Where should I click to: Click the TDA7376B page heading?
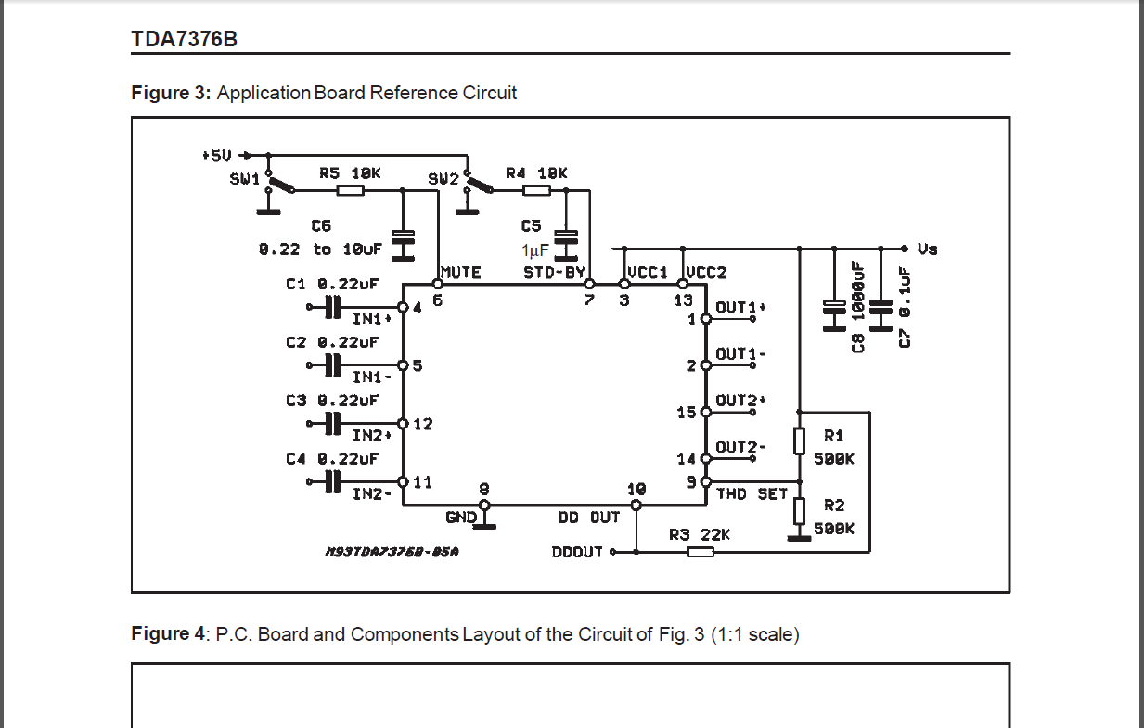pyautogui.click(x=185, y=39)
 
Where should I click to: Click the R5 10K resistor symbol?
pyautogui.click(x=351, y=190)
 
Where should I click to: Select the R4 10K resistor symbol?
pyautogui.click(x=537, y=190)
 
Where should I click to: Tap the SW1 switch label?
pyautogui.click(x=245, y=179)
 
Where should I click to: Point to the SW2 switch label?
pyautogui.click(x=443, y=179)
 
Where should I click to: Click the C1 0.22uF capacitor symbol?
pyautogui.click(x=332, y=307)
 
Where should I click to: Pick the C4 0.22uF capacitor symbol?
pyautogui.click(x=332, y=482)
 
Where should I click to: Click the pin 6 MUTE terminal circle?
pyautogui.click(x=438, y=284)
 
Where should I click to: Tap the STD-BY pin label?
pyautogui.click(x=554, y=273)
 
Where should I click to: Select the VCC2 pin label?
pyautogui.click(x=706, y=273)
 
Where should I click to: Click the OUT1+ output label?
pyautogui.click(x=741, y=307)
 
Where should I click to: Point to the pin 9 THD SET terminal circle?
pyautogui.click(x=706, y=481)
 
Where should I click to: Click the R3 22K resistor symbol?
pyautogui.click(x=701, y=552)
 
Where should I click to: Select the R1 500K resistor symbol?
pyautogui.click(x=799, y=441)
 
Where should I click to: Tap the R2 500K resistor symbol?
pyautogui.click(x=799, y=511)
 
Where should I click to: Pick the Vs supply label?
pyautogui.click(x=928, y=249)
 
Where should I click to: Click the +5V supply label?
pyautogui.click(x=217, y=155)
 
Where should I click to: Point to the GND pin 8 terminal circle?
pyautogui.click(x=484, y=505)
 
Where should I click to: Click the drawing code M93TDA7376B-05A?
pyautogui.click(x=392, y=552)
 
